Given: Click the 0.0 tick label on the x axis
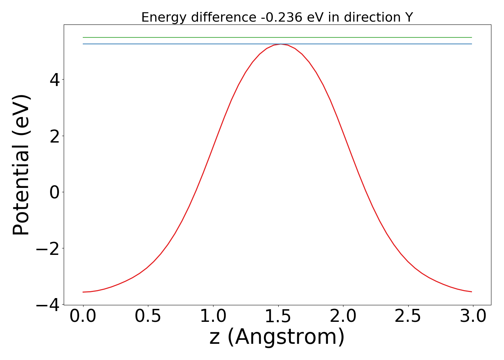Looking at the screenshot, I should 83,316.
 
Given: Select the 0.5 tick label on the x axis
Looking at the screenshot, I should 148,316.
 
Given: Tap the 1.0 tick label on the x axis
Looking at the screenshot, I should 213,316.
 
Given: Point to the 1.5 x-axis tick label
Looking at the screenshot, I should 278,316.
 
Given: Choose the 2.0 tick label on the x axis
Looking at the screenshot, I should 343,316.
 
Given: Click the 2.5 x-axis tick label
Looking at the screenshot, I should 408,316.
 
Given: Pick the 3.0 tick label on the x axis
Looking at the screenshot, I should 473,316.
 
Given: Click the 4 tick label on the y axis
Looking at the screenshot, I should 55,80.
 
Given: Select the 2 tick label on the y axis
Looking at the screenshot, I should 55,136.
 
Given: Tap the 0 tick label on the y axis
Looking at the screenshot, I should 55,192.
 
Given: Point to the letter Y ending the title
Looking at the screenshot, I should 409,17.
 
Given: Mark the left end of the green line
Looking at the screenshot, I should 83,37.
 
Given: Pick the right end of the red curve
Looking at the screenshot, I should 472,292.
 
